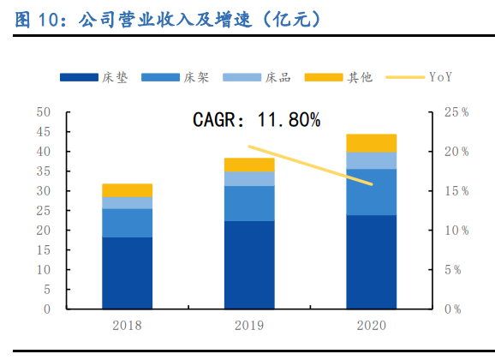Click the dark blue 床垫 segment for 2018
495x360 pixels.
click(127, 273)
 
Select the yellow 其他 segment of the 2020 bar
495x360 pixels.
click(371, 143)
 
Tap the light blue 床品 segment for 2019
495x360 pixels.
click(249, 178)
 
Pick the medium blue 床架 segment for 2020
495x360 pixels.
click(371, 192)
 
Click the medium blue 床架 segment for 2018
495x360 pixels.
click(127, 223)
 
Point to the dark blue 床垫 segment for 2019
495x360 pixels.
click(249, 264)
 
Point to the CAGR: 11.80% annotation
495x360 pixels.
click(255, 121)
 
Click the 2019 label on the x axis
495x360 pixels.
click(249, 326)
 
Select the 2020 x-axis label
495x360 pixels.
click(371, 326)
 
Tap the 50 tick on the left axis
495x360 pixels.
click(44, 112)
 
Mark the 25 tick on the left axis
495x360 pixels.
click(44, 211)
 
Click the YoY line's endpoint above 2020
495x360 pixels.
click(372, 184)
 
